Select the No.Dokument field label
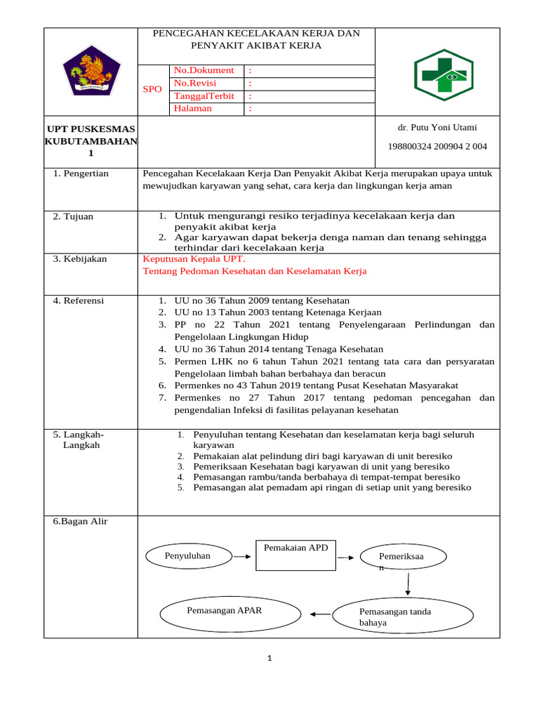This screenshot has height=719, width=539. (204, 70)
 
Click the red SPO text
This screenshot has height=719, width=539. (152, 89)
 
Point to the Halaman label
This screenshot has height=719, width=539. (193, 109)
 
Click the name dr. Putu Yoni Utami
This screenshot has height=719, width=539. (437, 128)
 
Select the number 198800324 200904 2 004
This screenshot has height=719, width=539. (437, 146)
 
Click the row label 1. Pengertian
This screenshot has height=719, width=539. (81, 173)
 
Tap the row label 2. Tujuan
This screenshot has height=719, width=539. (73, 216)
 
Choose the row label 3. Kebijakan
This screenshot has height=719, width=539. (80, 259)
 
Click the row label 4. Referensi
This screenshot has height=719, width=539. (79, 301)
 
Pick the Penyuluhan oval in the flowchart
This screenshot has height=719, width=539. (187, 556)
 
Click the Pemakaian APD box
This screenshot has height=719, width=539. (295, 556)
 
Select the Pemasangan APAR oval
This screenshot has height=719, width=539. (224, 612)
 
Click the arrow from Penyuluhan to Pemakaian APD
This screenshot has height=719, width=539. (242, 556)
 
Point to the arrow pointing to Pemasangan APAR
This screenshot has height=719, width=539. (320, 614)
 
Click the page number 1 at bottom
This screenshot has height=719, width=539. (269, 658)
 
